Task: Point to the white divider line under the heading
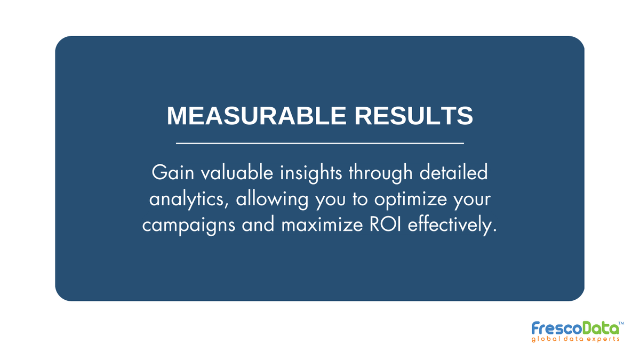pyautogui.click(x=320, y=143)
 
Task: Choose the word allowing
pyautogui.click(x=269, y=200)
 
